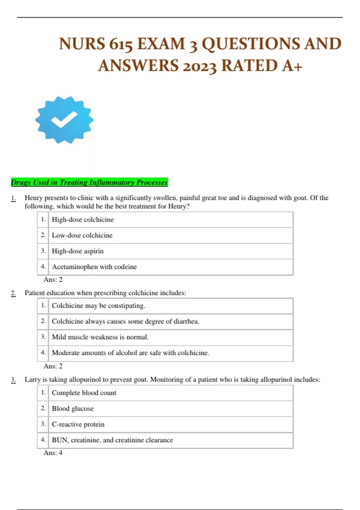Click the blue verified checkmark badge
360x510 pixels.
click(64, 120)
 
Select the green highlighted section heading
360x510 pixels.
click(89, 182)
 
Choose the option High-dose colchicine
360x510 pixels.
click(83, 220)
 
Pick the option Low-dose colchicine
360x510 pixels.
click(82, 235)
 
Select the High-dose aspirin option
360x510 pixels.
click(78, 251)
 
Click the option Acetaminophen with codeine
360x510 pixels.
click(94, 267)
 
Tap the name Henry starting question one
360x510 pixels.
click(34, 198)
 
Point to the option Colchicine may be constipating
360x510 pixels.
click(98, 306)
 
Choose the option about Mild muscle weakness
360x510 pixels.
click(100, 337)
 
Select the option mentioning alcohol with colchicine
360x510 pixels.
click(130, 353)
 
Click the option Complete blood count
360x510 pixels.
click(84, 393)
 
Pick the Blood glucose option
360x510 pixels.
click(73, 409)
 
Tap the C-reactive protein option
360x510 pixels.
click(78, 424)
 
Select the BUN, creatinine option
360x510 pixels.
click(112, 440)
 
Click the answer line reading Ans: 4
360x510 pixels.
click(53, 453)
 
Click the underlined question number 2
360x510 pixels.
click(13, 293)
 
